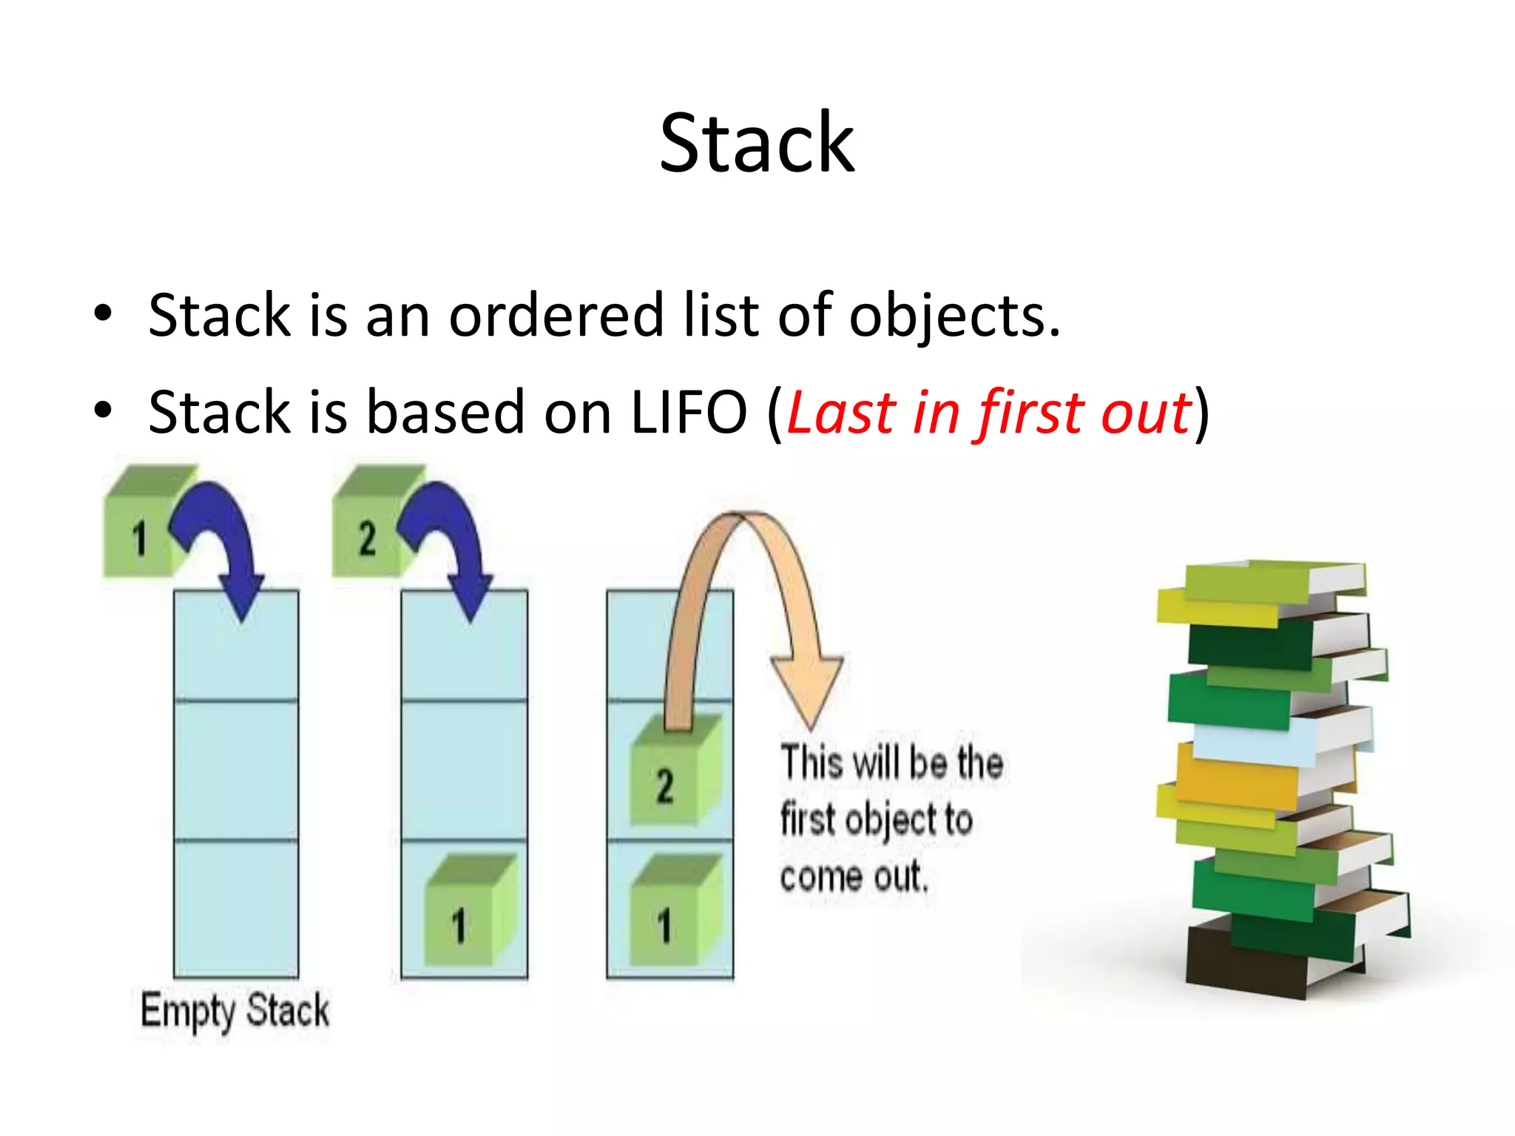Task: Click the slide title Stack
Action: pos(756,143)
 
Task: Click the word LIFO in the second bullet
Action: pos(688,413)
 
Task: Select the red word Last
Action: pos(841,413)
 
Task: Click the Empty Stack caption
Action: pos(235,1011)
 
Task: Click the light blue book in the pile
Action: pos(1258,743)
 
